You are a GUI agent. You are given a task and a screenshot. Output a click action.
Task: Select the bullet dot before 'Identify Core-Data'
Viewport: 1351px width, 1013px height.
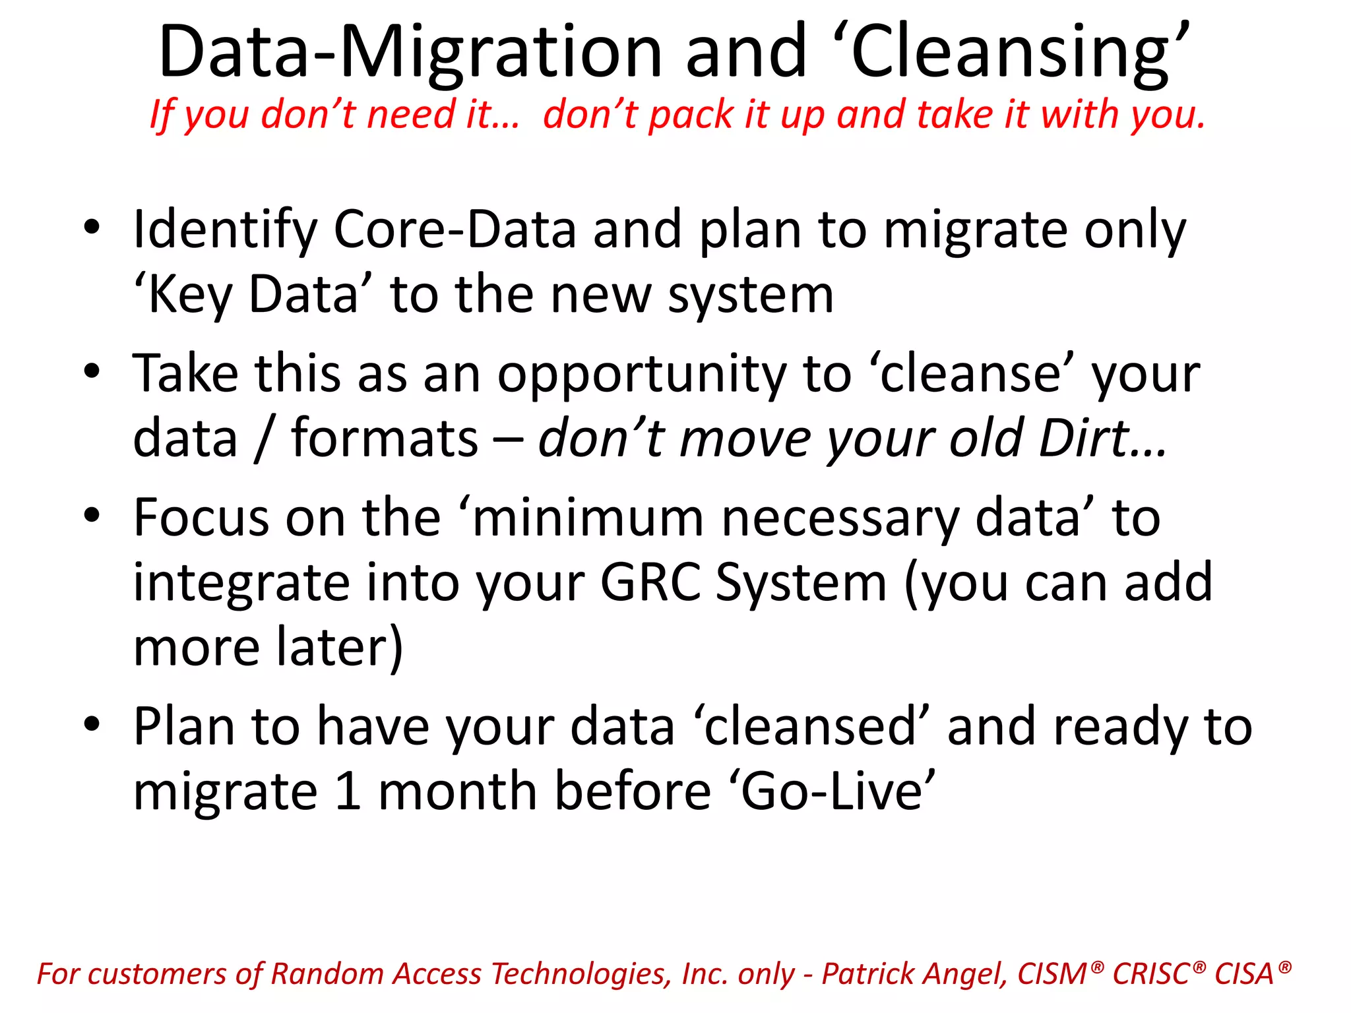[92, 228]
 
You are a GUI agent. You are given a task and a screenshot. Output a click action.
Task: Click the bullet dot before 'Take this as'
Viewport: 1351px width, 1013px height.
[92, 371]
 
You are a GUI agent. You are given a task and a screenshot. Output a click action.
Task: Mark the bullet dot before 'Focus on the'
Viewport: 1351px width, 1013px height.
[92, 514]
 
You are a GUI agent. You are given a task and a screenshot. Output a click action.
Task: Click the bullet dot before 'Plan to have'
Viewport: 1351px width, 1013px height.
[92, 723]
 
